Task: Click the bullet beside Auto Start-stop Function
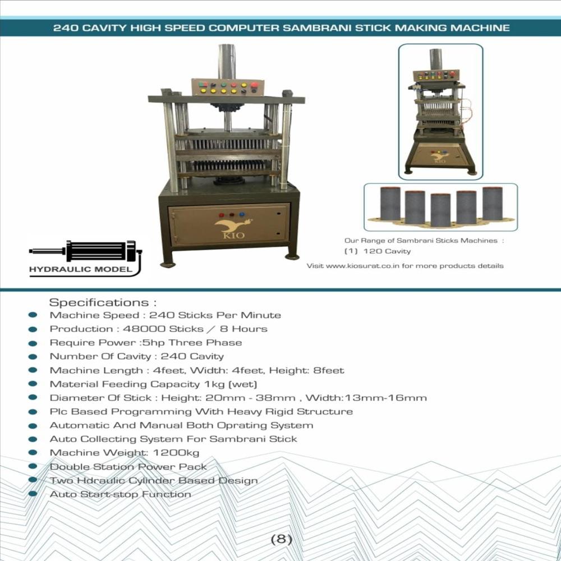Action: tap(33, 494)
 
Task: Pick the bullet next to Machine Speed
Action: tap(33, 316)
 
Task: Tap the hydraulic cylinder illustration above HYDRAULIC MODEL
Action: tap(84, 251)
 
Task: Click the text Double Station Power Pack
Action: tap(128, 467)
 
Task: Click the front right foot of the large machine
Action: tap(291, 256)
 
